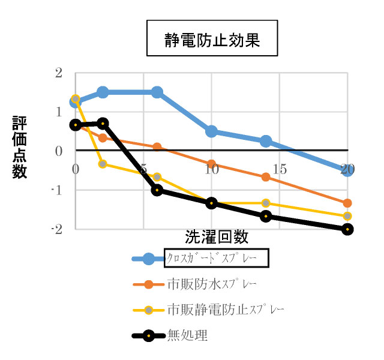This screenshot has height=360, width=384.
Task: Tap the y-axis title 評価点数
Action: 19,147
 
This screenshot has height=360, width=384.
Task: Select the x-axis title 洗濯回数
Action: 216,237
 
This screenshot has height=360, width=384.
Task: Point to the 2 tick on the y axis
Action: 58,73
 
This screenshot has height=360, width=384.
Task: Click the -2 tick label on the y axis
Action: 56,229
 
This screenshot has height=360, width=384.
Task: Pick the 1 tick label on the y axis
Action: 58,112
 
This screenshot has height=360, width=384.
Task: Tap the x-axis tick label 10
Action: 211,170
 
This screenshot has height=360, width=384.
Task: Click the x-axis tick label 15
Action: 279,170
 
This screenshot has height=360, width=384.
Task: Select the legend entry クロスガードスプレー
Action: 215,259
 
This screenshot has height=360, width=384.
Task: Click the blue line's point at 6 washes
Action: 157,92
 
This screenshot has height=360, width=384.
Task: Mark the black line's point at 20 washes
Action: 347,229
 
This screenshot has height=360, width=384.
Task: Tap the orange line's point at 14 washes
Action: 265,177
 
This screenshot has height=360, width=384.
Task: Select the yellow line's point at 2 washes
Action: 103,164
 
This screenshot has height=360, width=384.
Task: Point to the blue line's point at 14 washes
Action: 265,141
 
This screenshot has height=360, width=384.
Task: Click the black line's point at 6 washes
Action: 157,190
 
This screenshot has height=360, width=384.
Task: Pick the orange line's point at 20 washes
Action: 347,203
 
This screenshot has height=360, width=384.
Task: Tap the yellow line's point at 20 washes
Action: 347,216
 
